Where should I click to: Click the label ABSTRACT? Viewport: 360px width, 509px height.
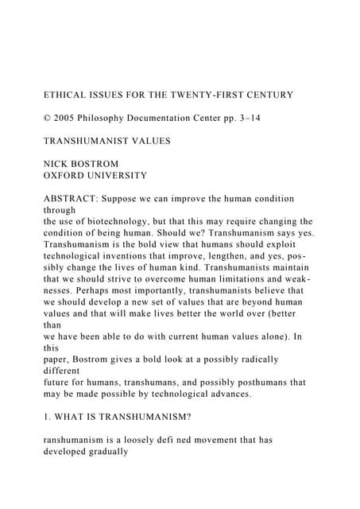click(x=73, y=198)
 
